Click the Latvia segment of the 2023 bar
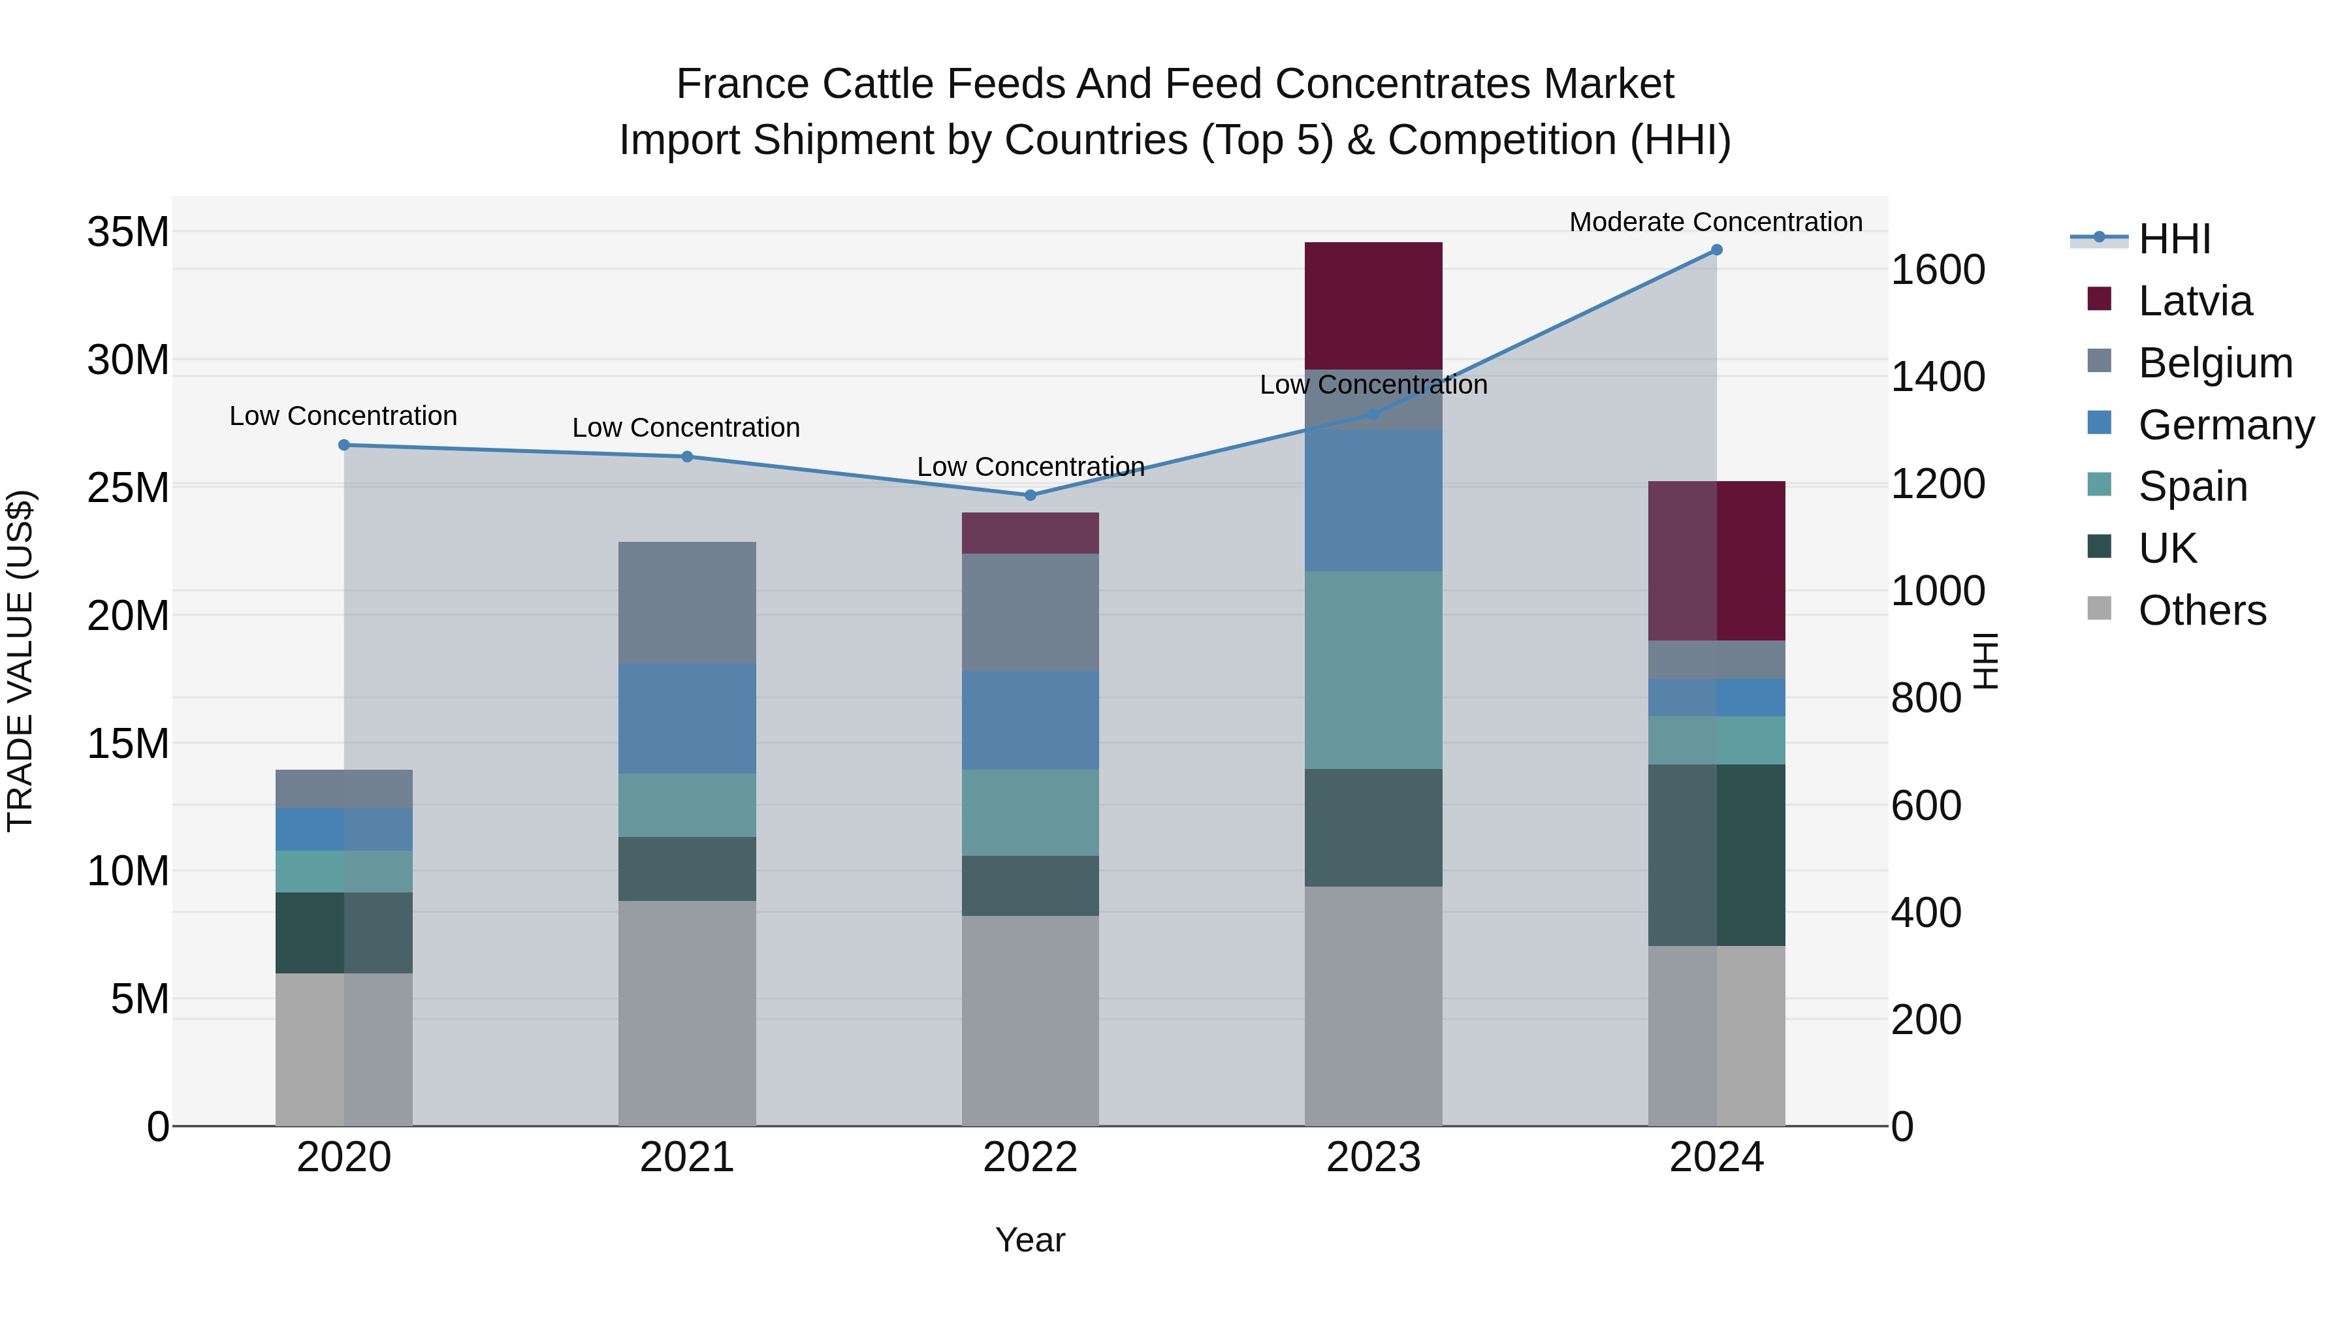(x=1373, y=305)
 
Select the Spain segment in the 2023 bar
(x=1373, y=670)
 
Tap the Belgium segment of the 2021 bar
(x=686, y=602)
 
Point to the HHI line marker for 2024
(x=1716, y=250)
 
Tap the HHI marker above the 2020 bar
(x=344, y=445)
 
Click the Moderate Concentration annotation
(x=1715, y=222)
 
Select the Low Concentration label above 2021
(x=686, y=427)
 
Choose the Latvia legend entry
(x=2194, y=301)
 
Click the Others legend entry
(x=2201, y=610)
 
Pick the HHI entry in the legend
(x=2174, y=239)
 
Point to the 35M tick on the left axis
(x=128, y=232)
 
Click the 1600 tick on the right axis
(x=1937, y=270)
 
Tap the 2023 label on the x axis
(x=1373, y=1157)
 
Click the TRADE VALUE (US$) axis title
(x=20, y=661)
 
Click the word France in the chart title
(x=741, y=84)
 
